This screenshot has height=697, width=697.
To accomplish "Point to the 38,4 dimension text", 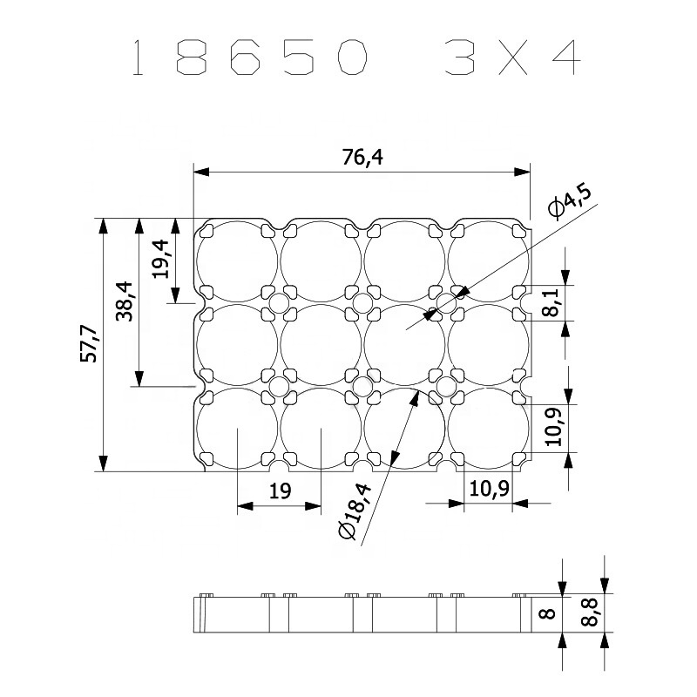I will coord(124,301).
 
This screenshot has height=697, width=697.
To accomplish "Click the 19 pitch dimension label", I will coord(279,492).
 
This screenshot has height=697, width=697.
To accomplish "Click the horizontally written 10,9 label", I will coord(489,489).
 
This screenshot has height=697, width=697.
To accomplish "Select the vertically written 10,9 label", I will coord(551,427).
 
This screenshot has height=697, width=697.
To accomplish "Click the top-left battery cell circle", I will coord(236,261).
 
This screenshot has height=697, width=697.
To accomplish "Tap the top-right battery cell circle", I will coord(488,261).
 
